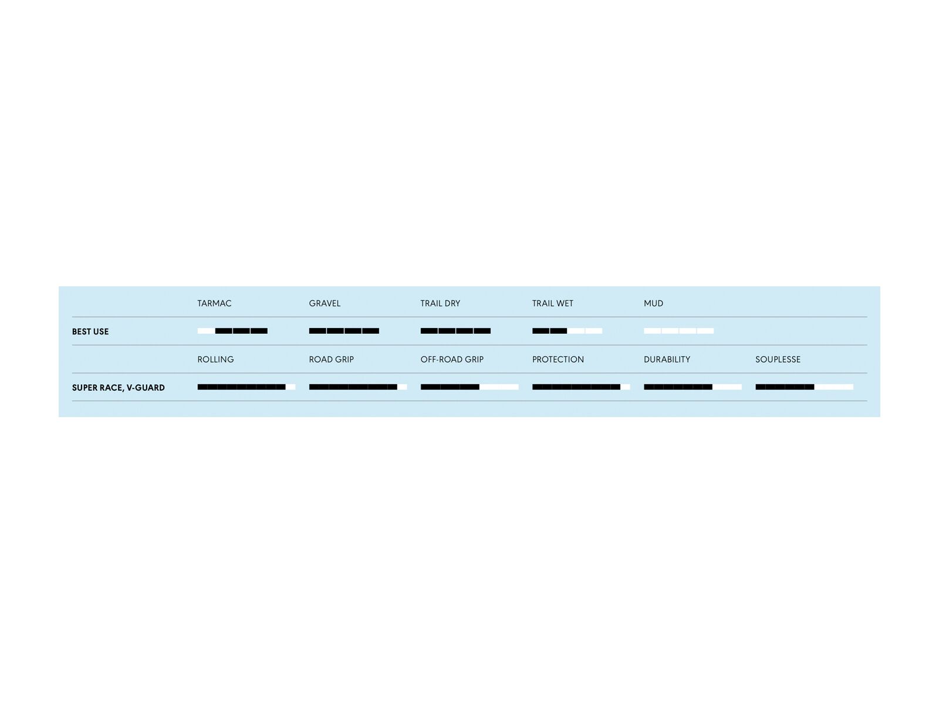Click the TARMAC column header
(x=214, y=303)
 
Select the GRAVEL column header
(x=325, y=303)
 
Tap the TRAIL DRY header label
(x=440, y=303)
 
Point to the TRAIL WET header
(x=552, y=303)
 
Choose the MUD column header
(x=653, y=303)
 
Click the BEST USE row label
(x=90, y=331)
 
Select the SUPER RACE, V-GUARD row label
(x=118, y=388)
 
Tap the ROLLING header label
(x=215, y=360)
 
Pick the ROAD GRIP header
(x=331, y=360)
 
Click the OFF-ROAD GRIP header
(x=452, y=360)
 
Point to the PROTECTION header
(x=558, y=360)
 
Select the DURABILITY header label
(x=667, y=360)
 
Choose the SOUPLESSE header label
(x=778, y=360)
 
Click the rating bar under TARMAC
(x=232, y=331)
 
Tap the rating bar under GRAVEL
(x=344, y=331)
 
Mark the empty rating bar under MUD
(x=678, y=331)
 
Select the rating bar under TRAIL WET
(x=567, y=331)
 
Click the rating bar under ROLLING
(x=246, y=387)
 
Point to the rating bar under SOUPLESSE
(x=804, y=387)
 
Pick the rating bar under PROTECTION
(x=581, y=387)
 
